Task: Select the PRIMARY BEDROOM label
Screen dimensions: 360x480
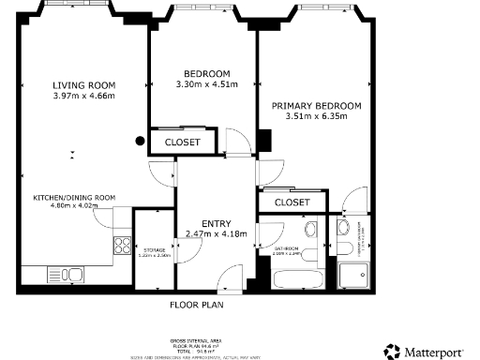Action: tap(316, 106)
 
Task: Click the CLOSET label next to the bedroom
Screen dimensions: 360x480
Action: tap(182, 142)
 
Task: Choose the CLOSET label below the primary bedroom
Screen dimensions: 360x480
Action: tap(292, 202)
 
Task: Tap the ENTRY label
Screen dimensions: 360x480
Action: tap(216, 223)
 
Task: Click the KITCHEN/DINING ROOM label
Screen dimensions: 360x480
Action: tap(74, 197)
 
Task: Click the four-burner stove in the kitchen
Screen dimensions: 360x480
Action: tap(122, 247)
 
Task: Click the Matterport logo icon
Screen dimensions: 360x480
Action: tap(391, 352)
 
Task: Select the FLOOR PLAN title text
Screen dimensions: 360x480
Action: tap(196, 305)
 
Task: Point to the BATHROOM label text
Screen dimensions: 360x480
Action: tap(286, 249)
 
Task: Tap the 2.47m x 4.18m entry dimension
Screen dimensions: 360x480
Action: tap(216, 233)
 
